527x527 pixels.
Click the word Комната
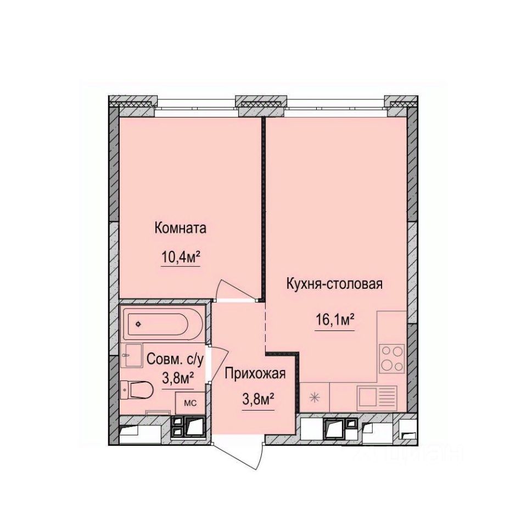point(181,228)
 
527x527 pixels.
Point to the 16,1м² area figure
point(334,320)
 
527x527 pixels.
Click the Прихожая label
point(255,374)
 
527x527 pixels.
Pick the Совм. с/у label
point(176,360)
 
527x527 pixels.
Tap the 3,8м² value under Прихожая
point(258,400)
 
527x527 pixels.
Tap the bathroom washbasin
point(132,357)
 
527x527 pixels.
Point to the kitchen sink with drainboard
point(377,396)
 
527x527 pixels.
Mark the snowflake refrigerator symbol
point(315,398)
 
